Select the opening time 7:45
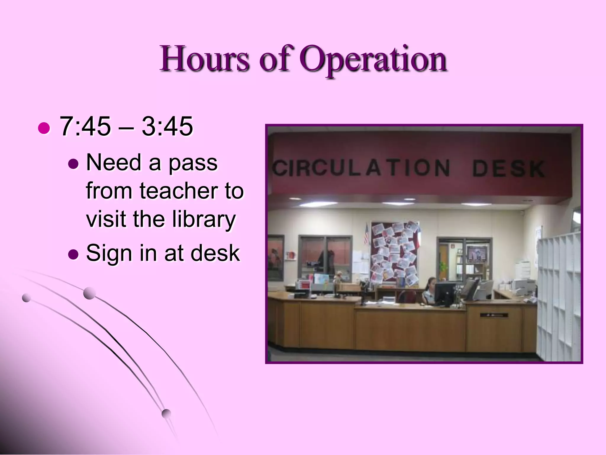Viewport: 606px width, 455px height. [x=85, y=127]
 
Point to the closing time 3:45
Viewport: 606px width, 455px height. [x=167, y=127]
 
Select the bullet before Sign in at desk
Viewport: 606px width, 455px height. [x=73, y=254]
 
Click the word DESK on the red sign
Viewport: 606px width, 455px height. [x=508, y=169]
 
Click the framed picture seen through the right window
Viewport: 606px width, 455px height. [x=477, y=255]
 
